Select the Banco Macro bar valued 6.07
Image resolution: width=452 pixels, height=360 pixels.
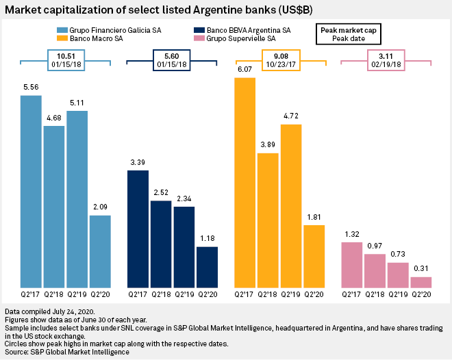point(245,182)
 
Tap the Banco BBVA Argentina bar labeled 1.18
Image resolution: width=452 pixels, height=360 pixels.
point(207,267)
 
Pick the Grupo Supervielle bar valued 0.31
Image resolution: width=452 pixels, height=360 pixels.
point(421,282)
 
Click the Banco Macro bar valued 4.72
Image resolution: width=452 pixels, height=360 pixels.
point(291,205)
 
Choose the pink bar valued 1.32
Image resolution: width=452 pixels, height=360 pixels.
point(351,264)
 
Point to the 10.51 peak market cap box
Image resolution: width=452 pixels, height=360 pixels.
point(66,61)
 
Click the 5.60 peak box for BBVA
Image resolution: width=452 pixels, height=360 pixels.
point(173,61)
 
